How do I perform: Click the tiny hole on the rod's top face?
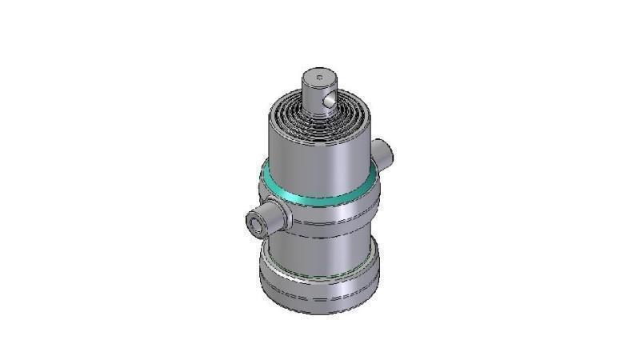pyautogui.click(x=319, y=78)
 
